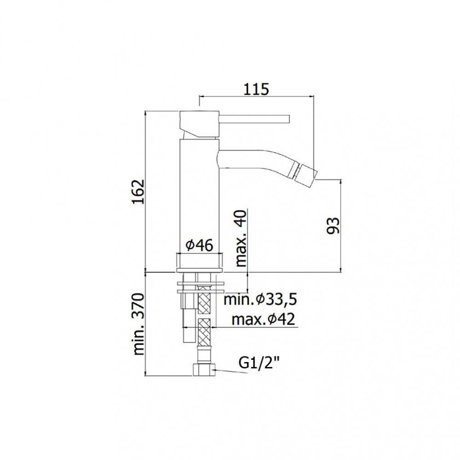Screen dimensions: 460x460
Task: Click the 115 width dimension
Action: coord(256,89)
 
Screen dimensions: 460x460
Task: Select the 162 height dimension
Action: coord(138,191)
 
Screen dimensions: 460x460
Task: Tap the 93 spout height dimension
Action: coord(333,225)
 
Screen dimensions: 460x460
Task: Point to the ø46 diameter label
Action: coord(200,245)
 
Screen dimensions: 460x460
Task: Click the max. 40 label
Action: coord(241,239)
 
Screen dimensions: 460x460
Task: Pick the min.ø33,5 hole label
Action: coord(260,299)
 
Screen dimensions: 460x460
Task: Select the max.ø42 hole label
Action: coord(263,320)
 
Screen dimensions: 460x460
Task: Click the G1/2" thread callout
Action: coord(259,363)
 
